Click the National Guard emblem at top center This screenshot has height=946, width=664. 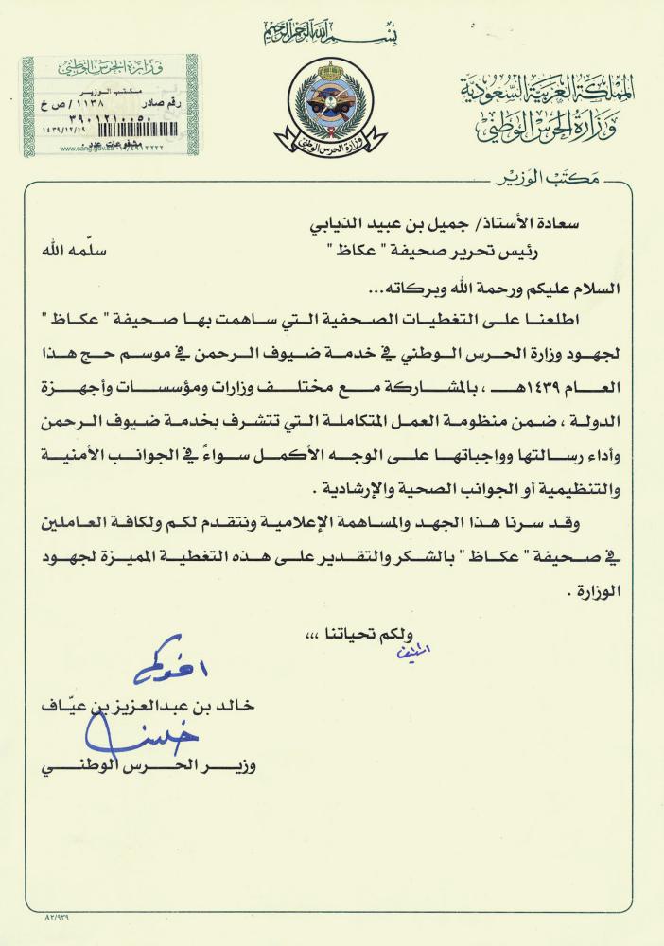[x=331, y=104]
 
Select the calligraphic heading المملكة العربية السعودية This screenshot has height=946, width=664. [x=549, y=90]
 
